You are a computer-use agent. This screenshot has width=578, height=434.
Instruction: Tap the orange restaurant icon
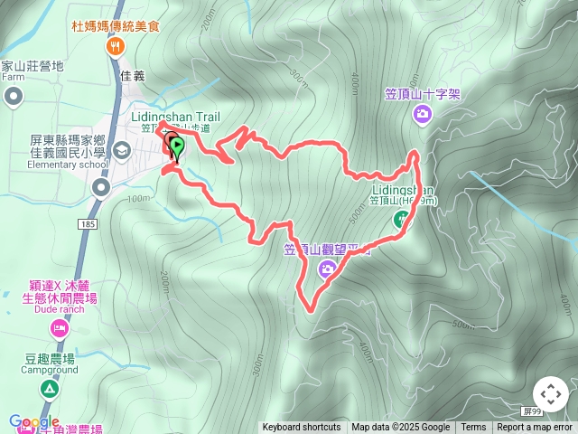point(115,46)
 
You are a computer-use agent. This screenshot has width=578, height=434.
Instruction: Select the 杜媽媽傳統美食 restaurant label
point(116,26)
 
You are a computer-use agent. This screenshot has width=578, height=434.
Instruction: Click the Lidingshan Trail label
point(175,117)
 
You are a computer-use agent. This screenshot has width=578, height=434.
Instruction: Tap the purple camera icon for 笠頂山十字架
point(422,113)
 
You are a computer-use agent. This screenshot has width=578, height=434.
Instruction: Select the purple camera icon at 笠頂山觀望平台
point(327,267)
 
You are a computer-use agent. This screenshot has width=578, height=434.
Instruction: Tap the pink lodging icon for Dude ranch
point(59,329)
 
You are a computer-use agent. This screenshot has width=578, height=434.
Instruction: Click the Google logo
point(34,421)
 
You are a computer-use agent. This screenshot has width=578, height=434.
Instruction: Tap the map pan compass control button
point(551,394)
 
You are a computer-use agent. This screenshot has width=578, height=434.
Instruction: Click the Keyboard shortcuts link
point(302,428)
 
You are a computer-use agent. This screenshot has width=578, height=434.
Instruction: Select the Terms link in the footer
point(473,428)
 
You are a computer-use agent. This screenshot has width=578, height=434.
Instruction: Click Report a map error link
point(535,428)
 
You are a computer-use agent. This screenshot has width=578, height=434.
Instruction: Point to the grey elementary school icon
point(121,149)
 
